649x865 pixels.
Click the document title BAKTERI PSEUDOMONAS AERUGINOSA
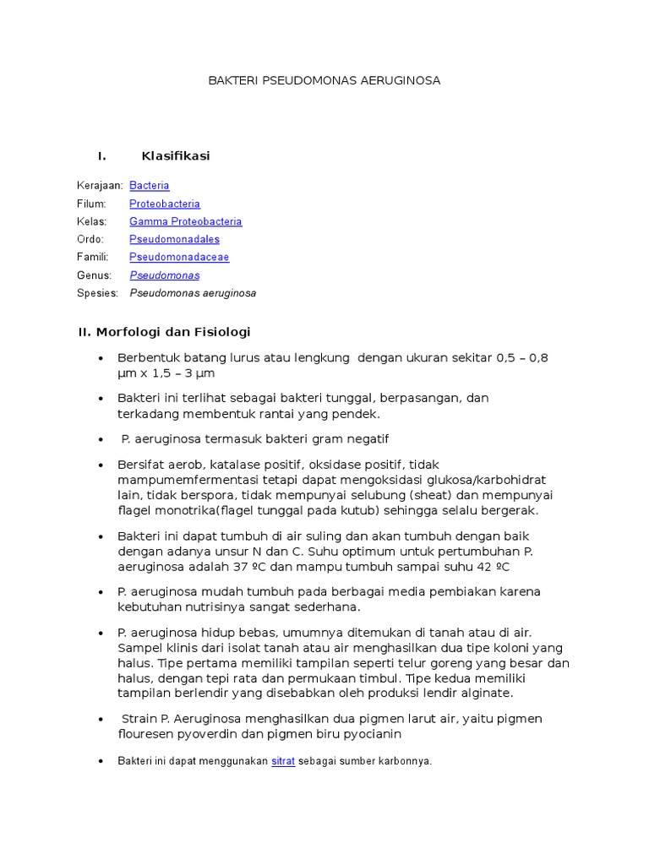[x=324, y=81]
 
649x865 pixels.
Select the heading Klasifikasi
[x=176, y=156]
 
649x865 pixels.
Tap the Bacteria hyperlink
[x=150, y=186]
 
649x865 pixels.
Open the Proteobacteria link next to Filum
[x=165, y=204]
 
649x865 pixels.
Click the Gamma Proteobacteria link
[x=185, y=221]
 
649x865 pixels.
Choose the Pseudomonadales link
[x=174, y=240]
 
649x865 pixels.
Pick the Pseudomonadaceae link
[x=179, y=258]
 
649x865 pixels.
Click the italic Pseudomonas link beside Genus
[x=165, y=275]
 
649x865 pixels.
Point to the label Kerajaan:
[x=100, y=186]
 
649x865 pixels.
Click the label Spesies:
[x=97, y=294]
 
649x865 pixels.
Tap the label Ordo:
[x=90, y=240]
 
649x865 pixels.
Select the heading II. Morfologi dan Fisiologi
[x=164, y=332]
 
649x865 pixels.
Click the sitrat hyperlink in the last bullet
[x=283, y=761]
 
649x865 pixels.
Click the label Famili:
[x=93, y=258]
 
